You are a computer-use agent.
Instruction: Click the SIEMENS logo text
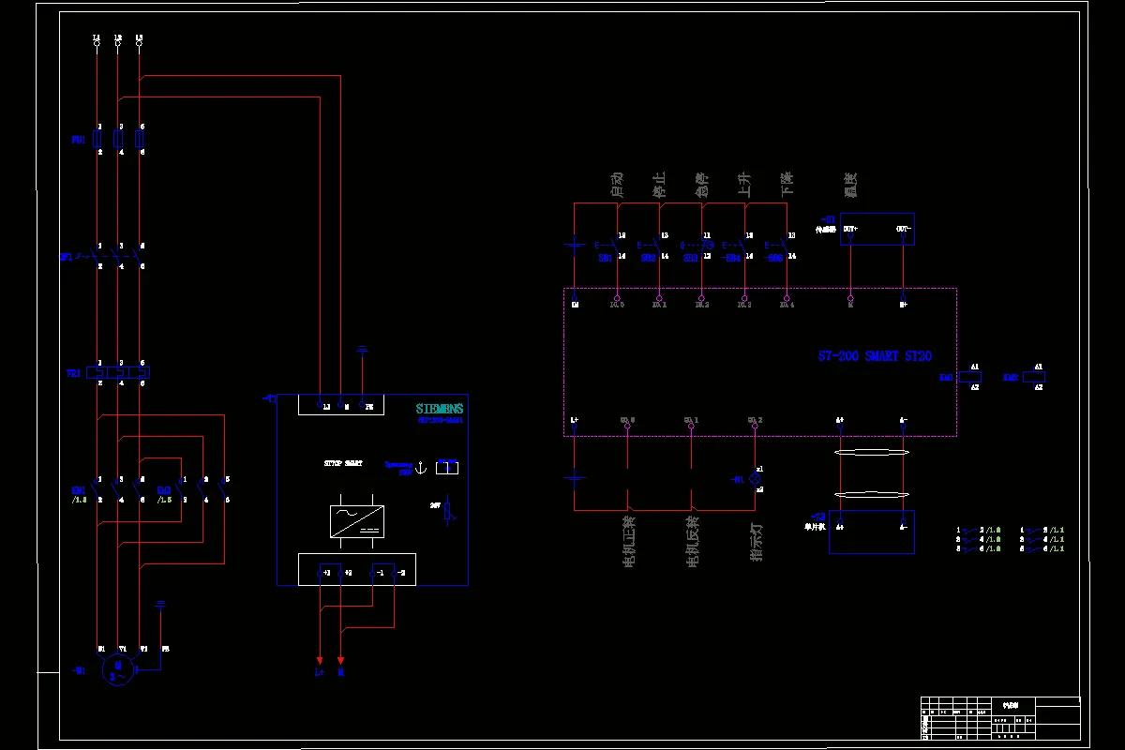[440, 409]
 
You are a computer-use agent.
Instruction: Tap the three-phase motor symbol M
[118, 669]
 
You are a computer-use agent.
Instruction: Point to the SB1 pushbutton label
[605, 257]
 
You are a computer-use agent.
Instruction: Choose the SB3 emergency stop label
[690, 257]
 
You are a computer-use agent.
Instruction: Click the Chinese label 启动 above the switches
[617, 184]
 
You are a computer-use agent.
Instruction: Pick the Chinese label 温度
[850, 184]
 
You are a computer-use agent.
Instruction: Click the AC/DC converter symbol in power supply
[357, 520]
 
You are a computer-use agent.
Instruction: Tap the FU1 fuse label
[78, 140]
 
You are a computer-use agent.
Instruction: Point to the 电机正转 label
[628, 541]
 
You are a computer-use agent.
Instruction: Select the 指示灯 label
[756, 541]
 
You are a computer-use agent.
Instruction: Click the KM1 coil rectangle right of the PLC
[968, 377]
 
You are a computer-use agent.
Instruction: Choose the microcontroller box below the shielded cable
[871, 532]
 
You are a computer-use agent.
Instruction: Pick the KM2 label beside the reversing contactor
[163, 490]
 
